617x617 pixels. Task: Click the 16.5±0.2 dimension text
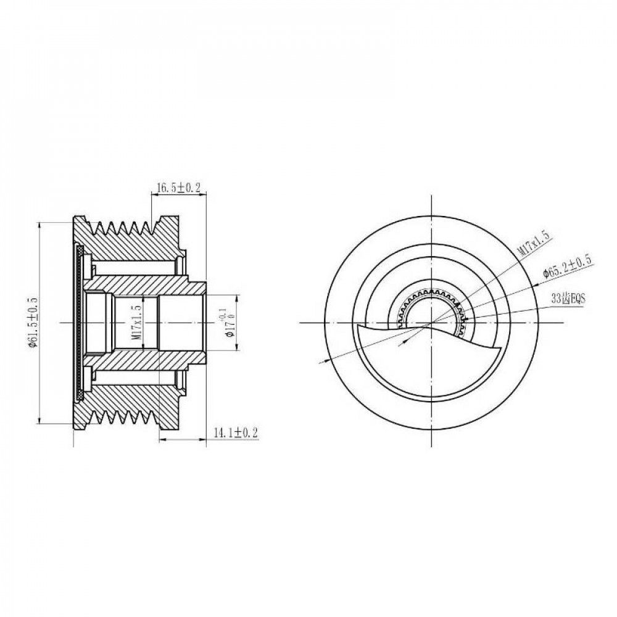coord(178,188)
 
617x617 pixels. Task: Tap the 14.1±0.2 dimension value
coord(235,433)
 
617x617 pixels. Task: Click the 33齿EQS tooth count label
coord(568,299)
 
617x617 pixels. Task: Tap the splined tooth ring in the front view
coord(433,291)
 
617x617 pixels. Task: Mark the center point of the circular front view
coord(432,323)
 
